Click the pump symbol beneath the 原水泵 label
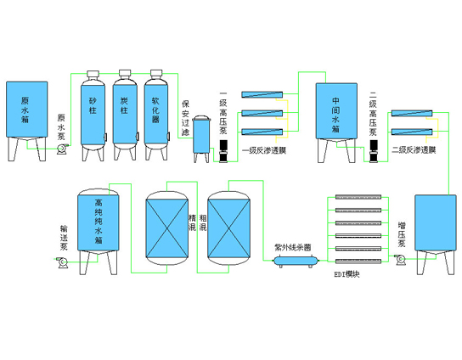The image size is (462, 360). [62, 149]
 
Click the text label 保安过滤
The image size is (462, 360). [186, 118]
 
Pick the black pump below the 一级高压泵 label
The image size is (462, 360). [223, 151]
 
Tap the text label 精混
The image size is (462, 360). [192, 223]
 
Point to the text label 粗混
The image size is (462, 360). [203, 223]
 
